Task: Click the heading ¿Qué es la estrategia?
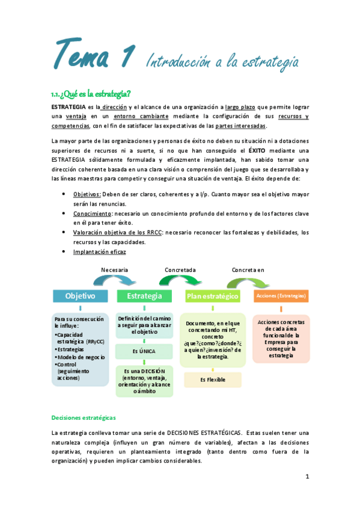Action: pyautogui.click(x=91, y=93)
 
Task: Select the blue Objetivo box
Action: pyautogui.click(x=80, y=296)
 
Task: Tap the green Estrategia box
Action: pyautogui.click(x=144, y=296)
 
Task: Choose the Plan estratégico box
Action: pyautogui.click(x=212, y=296)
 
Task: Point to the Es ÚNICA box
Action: pyautogui.click(x=144, y=350)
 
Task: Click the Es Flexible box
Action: pyautogui.click(x=212, y=379)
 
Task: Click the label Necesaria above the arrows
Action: pyautogui.click(x=115, y=270)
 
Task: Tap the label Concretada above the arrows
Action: pyautogui.click(x=181, y=270)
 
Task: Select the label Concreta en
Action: pyautogui.click(x=248, y=270)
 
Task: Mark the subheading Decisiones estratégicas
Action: pyautogui.click(x=84, y=417)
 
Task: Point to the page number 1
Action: pyautogui.click(x=307, y=476)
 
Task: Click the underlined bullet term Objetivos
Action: pyautogui.click(x=87, y=195)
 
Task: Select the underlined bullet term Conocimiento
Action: pyautogui.click(x=92, y=214)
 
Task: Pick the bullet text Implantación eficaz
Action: pyautogui.click(x=100, y=252)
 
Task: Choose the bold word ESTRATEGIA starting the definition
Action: pyautogui.click(x=69, y=106)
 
